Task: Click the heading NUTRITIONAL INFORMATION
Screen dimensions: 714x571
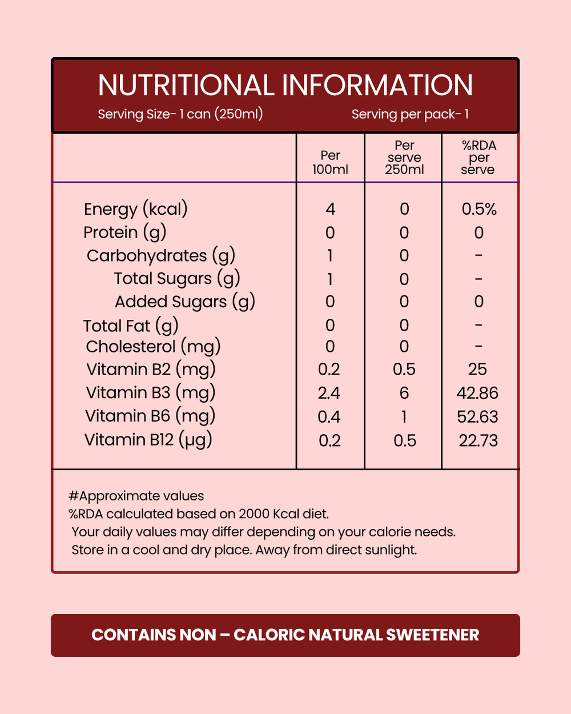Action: click(x=285, y=86)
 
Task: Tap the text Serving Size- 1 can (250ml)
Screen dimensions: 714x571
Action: click(x=180, y=114)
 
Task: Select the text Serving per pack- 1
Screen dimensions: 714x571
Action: click(x=410, y=114)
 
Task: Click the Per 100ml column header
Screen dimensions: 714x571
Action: click(x=330, y=162)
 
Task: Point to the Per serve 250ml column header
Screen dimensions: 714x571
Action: click(x=404, y=158)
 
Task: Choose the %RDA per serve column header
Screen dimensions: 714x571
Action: click(x=478, y=158)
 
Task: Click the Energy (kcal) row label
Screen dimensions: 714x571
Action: click(x=135, y=209)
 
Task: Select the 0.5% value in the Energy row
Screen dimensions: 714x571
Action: click(x=479, y=209)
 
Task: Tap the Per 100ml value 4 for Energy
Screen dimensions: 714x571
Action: click(x=330, y=209)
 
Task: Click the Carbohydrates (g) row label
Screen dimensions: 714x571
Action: click(x=160, y=255)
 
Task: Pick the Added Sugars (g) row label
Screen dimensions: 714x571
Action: click(x=184, y=302)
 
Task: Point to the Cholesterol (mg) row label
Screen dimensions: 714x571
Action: click(x=153, y=347)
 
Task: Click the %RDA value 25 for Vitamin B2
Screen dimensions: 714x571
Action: click(x=477, y=370)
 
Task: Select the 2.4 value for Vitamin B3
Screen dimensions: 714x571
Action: click(x=329, y=393)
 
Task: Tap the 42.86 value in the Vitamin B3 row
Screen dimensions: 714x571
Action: click(x=477, y=393)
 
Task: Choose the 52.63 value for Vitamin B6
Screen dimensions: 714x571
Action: click(x=477, y=417)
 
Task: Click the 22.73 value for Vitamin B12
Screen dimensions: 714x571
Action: click(x=478, y=440)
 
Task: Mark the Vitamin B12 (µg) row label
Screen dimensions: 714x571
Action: click(x=148, y=440)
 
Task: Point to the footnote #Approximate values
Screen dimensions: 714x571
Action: click(x=136, y=496)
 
